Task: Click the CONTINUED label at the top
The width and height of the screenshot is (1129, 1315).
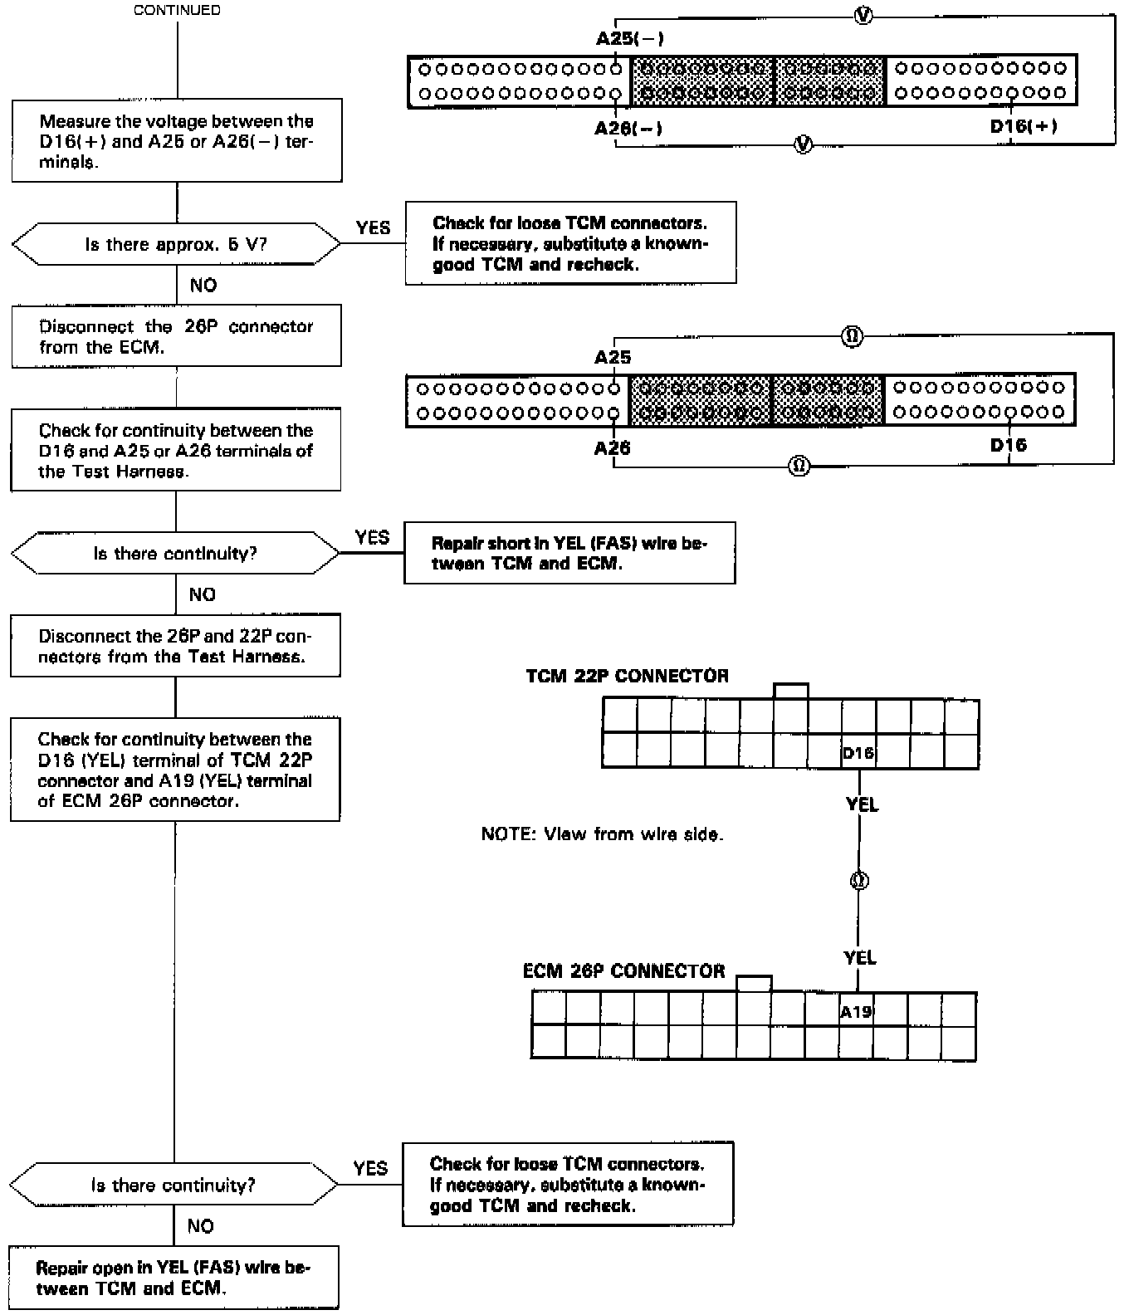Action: coord(177,10)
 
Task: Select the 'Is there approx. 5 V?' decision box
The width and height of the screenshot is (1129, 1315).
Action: coord(176,244)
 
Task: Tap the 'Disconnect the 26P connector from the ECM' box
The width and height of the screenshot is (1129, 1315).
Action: coord(176,336)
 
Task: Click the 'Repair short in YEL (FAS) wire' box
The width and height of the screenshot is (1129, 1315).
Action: coord(569,553)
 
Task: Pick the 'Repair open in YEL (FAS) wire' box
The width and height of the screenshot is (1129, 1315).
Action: coord(174,1278)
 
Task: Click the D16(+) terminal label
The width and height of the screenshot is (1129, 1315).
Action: coord(1023,126)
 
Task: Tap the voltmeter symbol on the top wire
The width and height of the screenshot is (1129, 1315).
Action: coord(863,16)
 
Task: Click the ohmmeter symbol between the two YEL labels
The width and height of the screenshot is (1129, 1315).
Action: coord(859,881)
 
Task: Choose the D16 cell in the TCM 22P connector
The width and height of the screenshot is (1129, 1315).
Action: coord(858,752)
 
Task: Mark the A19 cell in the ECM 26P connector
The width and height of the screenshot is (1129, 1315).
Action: coord(856,1011)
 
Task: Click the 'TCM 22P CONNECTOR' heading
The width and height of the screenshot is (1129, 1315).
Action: coord(627,676)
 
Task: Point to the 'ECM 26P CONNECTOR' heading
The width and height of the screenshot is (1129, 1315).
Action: coord(623,970)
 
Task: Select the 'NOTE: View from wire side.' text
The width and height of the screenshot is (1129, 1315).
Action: coord(602,833)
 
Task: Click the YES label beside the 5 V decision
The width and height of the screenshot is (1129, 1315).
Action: coord(373,227)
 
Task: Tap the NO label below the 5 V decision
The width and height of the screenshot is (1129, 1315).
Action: coord(203,286)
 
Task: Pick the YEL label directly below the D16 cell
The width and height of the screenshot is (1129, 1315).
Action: coord(862,804)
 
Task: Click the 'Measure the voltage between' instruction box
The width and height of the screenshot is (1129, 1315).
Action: coord(177,141)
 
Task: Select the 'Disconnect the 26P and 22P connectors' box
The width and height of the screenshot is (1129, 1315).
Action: coord(175,646)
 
